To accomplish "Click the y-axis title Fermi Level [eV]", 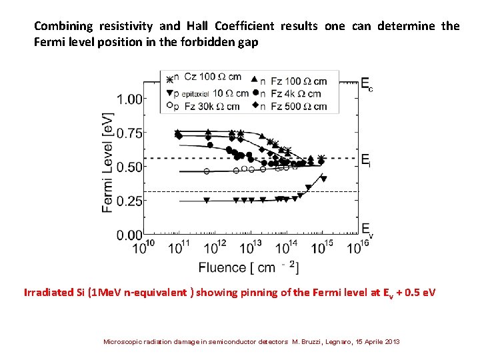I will pyautogui.click(x=107, y=161).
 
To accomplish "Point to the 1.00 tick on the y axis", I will pyautogui.click(x=131, y=99).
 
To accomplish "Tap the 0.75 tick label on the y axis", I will pyautogui.click(x=131, y=133).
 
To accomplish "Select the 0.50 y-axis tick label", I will pyautogui.click(x=131, y=167).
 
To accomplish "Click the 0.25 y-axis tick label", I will pyautogui.click(x=131, y=201).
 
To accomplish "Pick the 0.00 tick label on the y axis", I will pyautogui.click(x=131, y=235).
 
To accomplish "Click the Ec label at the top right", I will pyautogui.click(x=367, y=84).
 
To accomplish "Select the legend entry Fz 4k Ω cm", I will pyautogui.click(x=295, y=94).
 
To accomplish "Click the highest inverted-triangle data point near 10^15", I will pyautogui.click(x=323, y=179).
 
